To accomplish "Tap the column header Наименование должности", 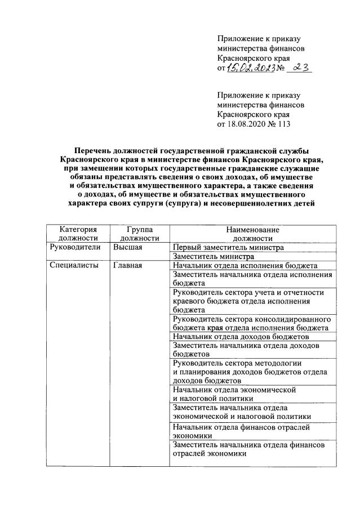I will (252, 234).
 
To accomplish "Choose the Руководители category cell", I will (75, 247).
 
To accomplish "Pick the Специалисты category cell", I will (74, 265).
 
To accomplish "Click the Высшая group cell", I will (127, 247).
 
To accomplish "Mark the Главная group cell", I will (127, 265).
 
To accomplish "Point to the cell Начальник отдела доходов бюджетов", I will (242, 336).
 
